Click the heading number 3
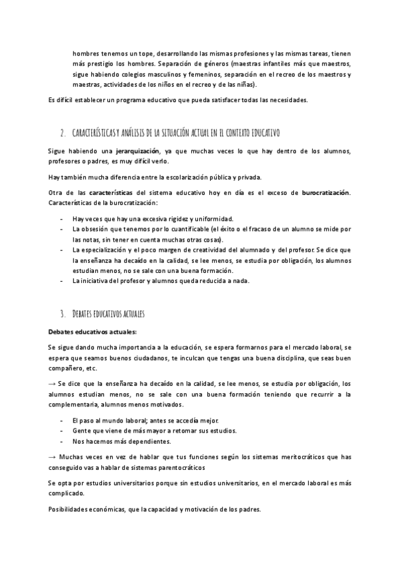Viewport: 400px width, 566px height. (62, 313)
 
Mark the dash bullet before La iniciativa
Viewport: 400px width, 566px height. (61, 281)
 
